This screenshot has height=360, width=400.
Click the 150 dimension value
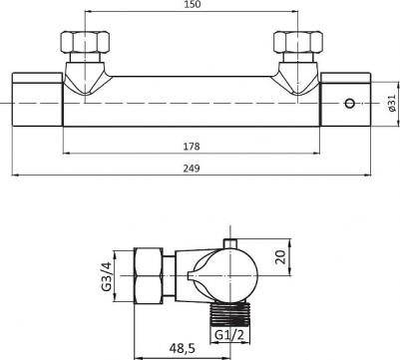click(x=193, y=5)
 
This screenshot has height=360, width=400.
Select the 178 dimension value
click(x=192, y=147)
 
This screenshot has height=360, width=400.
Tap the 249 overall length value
click(x=192, y=169)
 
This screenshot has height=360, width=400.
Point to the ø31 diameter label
click(x=392, y=103)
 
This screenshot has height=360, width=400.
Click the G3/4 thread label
click(x=107, y=276)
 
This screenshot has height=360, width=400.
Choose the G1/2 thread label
click(x=229, y=335)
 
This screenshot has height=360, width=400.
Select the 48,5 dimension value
click(x=183, y=349)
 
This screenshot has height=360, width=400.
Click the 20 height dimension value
click(x=281, y=257)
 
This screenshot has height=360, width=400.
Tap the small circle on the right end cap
click(x=349, y=104)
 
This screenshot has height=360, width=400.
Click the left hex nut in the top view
click(x=85, y=42)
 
